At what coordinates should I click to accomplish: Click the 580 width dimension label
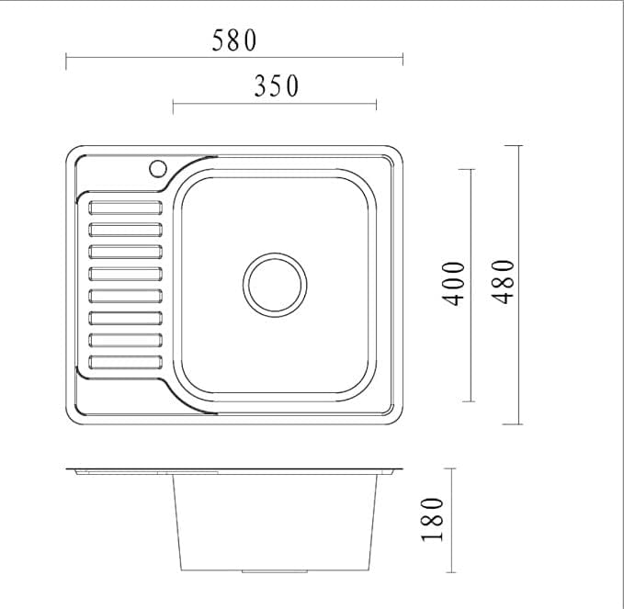[x=234, y=40]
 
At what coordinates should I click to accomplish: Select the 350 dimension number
[x=276, y=86]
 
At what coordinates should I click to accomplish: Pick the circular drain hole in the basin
[x=275, y=282]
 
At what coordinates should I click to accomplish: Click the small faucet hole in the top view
[x=157, y=168]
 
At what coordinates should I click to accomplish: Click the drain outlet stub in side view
[x=262, y=570]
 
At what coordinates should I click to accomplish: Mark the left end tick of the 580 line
[x=66, y=62]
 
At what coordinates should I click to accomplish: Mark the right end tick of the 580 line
[x=403, y=62]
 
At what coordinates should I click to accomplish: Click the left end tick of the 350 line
[x=173, y=107]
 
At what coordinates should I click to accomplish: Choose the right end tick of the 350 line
[x=376, y=107]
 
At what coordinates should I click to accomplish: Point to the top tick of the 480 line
[x=513, y=145]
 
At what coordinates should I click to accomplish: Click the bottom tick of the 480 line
[x=513, y=424]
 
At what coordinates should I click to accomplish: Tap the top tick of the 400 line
[x=465, y=169]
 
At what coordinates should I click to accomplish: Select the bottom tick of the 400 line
[x=465, y=401]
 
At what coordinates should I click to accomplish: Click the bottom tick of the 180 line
[x=448, y=571]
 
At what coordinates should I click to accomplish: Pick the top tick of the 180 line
[x=448, y=468]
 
